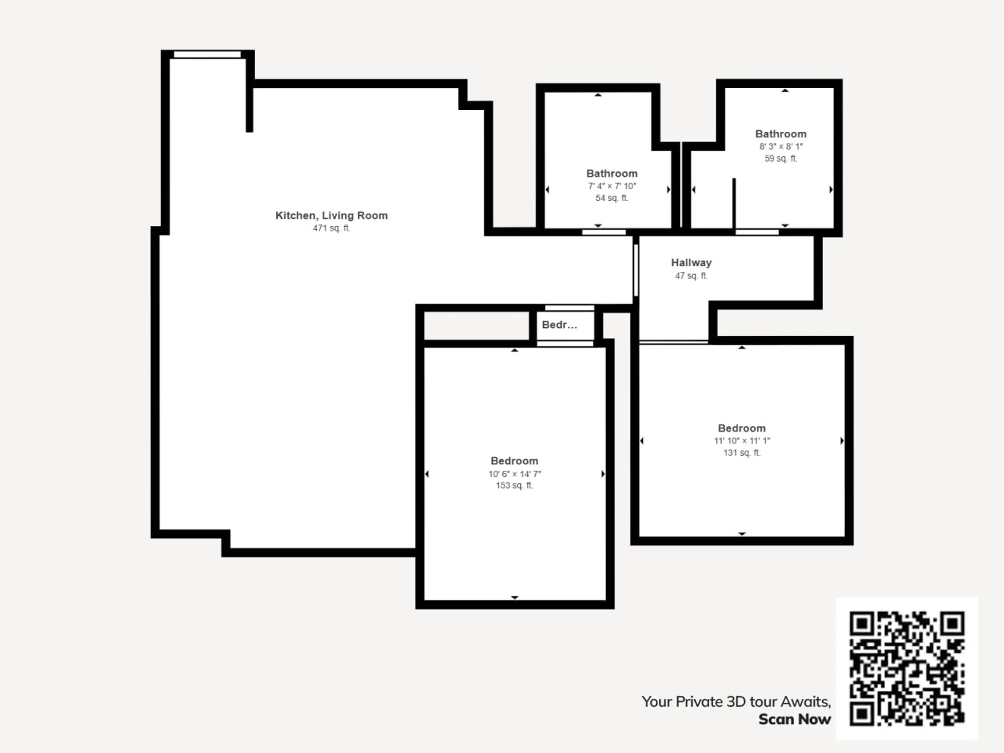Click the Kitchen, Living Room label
pos(331,216)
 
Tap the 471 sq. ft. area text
pos(331,228)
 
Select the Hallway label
pos(691,263)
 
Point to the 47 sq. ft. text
pos(691,276)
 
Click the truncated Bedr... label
pos(560,324)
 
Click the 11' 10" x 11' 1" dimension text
pos(742,441)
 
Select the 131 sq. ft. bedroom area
pos(742,453)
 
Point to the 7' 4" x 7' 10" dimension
pos(612,186)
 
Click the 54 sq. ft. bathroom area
pos(612,198)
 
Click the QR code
pos(907,669)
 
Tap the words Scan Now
pos(795,720)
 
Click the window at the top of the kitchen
pos(207,54)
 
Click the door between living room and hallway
pos(636,271)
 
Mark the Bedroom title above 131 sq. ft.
pos(742,428)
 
